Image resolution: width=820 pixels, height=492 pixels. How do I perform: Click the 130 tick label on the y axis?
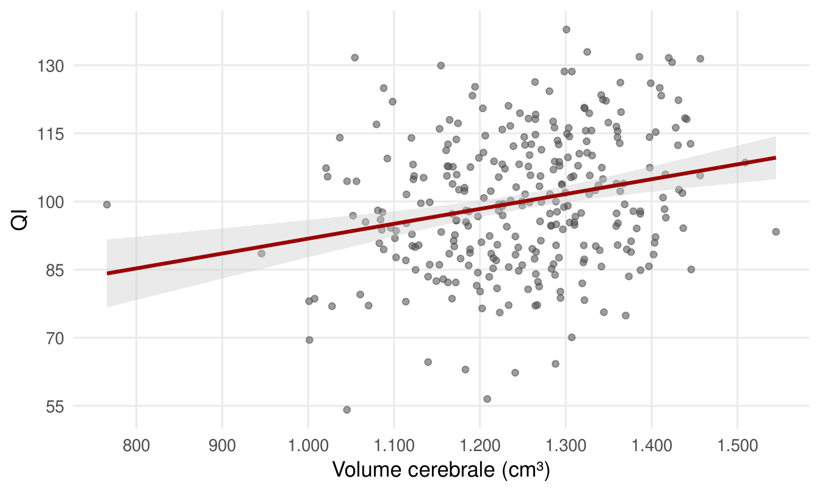tap(51, 67)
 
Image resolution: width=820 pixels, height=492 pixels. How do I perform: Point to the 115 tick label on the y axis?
tap(51, 134)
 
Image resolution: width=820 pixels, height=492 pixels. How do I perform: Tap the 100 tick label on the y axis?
tap(51, 203)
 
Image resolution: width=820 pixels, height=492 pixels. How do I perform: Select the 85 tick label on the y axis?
tap(55, 271)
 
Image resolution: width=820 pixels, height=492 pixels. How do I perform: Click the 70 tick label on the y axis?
tap(55, 339)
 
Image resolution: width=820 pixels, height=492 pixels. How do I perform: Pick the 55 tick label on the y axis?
tap(55, 407)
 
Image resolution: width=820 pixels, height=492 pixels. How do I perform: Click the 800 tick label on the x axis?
tap(136, 446)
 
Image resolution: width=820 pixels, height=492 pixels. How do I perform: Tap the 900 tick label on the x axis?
tap(222, 446)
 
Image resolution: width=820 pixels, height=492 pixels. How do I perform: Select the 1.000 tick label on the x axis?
tap(308, 446)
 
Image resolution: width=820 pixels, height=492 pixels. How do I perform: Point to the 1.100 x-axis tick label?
tap(394, 446)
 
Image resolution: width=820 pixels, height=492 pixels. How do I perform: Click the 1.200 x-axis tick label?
tap(480, 446)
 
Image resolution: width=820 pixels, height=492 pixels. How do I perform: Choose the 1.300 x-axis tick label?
tap(566, 446)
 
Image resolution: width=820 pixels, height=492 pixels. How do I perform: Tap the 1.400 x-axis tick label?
tap(652, 446)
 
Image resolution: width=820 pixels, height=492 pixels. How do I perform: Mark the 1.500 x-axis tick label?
tap(738, 446)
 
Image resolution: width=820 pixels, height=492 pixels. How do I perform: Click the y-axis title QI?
tap(19, 220)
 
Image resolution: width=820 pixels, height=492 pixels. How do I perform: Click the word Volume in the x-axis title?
tap(367, 469)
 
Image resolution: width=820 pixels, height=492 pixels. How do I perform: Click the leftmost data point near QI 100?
tap(107, 204)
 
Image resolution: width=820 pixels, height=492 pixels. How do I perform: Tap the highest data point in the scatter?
tap(566, 30)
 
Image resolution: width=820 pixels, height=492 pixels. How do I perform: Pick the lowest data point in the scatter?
tap(347, 410)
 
